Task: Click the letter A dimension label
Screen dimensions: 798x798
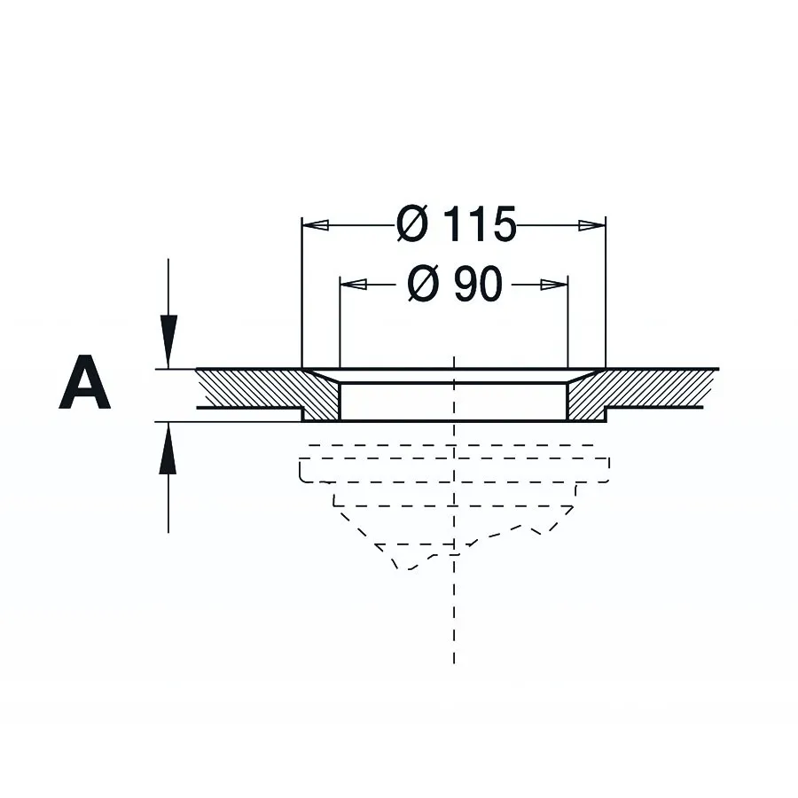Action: coord(84,382)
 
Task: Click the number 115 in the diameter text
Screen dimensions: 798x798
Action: coord(480,224)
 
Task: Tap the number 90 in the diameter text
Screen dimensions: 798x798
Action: coord(478,284)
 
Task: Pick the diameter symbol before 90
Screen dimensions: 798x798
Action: coord(423,284)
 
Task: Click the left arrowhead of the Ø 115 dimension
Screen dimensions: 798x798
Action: coord(315,224)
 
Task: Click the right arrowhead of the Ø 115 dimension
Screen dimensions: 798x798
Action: coord(592,225)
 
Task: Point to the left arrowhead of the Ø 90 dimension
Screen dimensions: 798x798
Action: coord(353,284)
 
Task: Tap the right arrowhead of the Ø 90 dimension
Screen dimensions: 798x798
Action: coord(553,285)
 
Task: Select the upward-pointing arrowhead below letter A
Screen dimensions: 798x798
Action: coord(168,449)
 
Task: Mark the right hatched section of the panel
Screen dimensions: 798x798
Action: coord(636,391)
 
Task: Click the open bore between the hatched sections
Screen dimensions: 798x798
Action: coord(453,402)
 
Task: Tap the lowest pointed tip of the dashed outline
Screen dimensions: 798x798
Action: coord(409,568)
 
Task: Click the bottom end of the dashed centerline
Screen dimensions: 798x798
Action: coord(453,663)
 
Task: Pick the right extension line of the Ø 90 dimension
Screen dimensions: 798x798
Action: coord(567,322)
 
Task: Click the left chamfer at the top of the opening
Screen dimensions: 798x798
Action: coord(321,375)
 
